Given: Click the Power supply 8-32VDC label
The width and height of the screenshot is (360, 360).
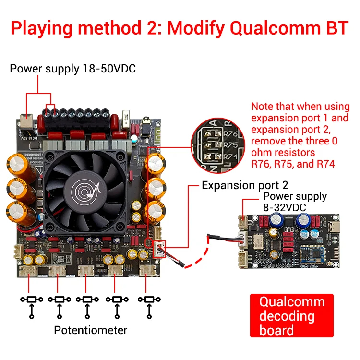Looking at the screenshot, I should coord(295,201).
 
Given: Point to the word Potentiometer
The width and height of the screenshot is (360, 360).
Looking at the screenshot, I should coord(91,330).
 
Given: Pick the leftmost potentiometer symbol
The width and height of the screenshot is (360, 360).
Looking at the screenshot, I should coord(32,300).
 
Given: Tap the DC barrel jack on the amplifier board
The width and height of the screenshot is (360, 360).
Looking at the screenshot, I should coord(26,120).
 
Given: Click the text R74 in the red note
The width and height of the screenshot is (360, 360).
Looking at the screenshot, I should coord(324,164).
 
